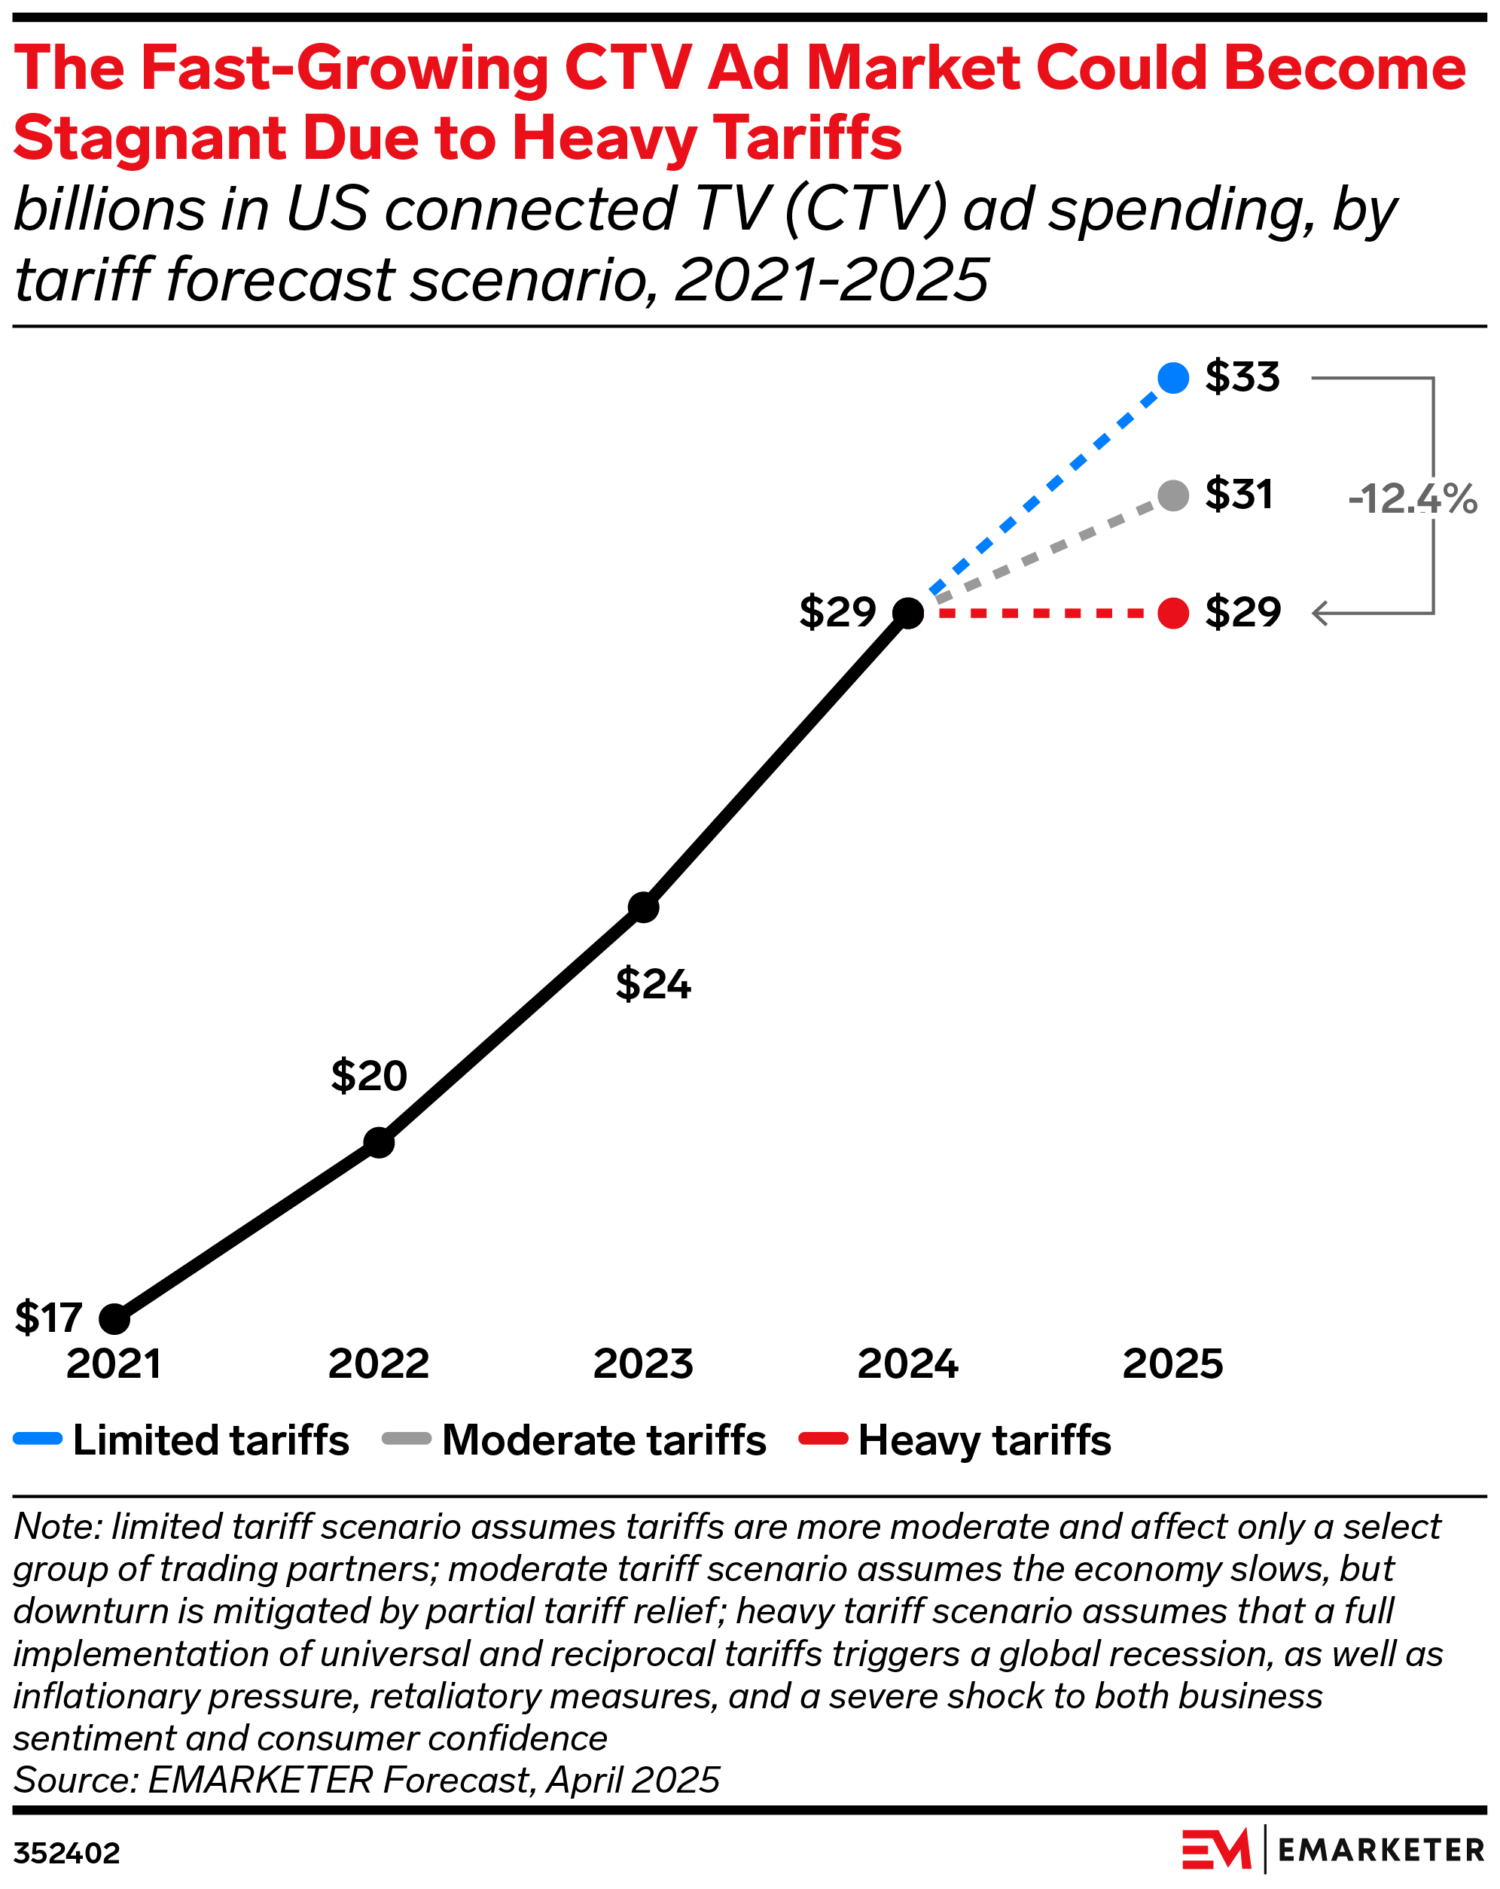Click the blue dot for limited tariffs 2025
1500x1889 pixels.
point(1172,378)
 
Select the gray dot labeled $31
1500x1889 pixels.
point(1172,495)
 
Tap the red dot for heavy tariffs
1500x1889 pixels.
point(1172,612)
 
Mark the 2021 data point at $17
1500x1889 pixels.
point(114,1318)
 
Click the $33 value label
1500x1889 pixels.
point(1242,376)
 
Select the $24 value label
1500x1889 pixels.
point(653,984)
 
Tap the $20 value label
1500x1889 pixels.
point(369,1075)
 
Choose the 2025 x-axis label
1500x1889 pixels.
point(1172,1364)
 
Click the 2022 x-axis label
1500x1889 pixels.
point(379,1364)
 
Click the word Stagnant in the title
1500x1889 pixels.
point(150,139)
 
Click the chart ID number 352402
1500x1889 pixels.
point(66,1853)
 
